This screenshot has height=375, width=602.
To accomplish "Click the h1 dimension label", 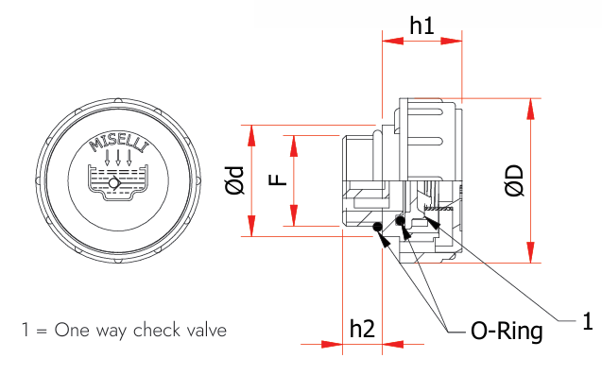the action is pos(421,26).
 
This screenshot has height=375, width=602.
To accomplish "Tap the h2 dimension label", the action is pos(362,329).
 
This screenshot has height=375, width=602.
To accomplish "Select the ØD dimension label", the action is pos(514,180).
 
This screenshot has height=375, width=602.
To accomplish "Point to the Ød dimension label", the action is pos(234,180).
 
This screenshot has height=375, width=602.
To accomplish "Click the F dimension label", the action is pos(278,179).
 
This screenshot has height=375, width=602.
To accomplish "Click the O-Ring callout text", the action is pos(507,331).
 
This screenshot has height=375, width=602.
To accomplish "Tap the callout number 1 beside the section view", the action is pos(588,321).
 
